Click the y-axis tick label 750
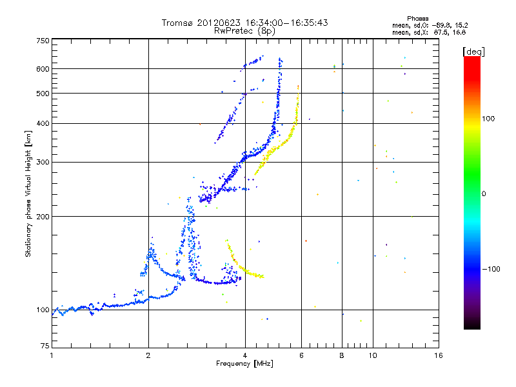pyautogui.click(x=43, y=41)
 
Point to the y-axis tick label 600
pyautogui.click(x=43, y=69)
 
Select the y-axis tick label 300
pyautogui.click(x=43, y=162)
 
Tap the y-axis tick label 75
pyautogui.click(x=45, y=346)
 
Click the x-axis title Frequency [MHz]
pyautogui.click(x=245, y=364)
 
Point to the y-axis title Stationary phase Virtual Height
pyautogui.click(x=28, y=193)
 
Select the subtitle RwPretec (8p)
pyautogui.click(x=245, y=30)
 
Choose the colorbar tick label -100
pyautogui.click(x=493, y=268)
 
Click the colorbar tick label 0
pyautogui.click(x=485, y=193)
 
